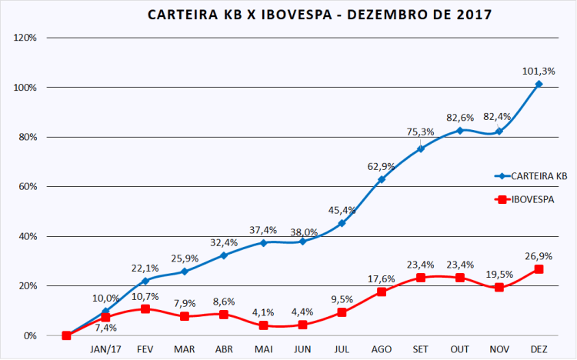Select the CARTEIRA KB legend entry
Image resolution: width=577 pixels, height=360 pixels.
pyautogui.click(x=531, y=175)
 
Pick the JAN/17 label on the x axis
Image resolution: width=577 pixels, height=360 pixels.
pyautogui.click(x=105, y=349)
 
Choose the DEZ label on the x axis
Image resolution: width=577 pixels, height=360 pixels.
pyautogui.click(x=539, y=349)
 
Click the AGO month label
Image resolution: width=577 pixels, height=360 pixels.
pyautogui.click(x=381, y=349)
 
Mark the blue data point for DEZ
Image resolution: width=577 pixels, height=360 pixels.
pyautogui.click(x=539, y=84)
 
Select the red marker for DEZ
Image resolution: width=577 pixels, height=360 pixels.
pyautogui.click(x=539, y=268)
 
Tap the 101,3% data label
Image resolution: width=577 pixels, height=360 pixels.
pyautogui.click(x=539, y=69)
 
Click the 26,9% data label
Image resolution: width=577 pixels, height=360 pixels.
pyautogui.click(x=539, y=255)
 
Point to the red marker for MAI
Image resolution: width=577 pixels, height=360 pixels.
pyautogui.click(x=263, y=325)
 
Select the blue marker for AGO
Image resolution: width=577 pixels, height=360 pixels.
pyautogui.click(x=381, y=179)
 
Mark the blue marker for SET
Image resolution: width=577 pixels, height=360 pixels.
pyautogui.click(x=421, y=148)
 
